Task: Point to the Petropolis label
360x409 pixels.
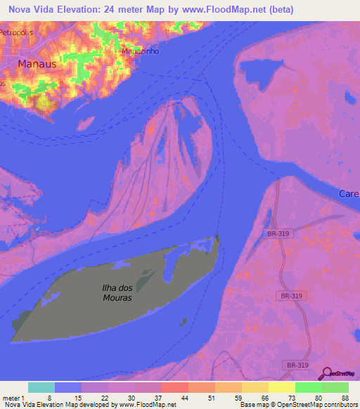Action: pyautogui.click(x=16, y=32)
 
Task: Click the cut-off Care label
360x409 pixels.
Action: pyautogui.click(x=349, y=193)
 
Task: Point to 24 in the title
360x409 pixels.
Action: pyautogui.click(x=110, y=10)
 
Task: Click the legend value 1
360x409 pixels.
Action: pyautogui.click(x=22, y=398)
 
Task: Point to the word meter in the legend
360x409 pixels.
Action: pyautogui.click(x=11, y=398)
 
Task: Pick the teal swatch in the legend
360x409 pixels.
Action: pyautogui.click(x=41, y=387)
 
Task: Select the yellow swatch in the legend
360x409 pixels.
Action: pyautogui.click(x=281, y=387)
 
